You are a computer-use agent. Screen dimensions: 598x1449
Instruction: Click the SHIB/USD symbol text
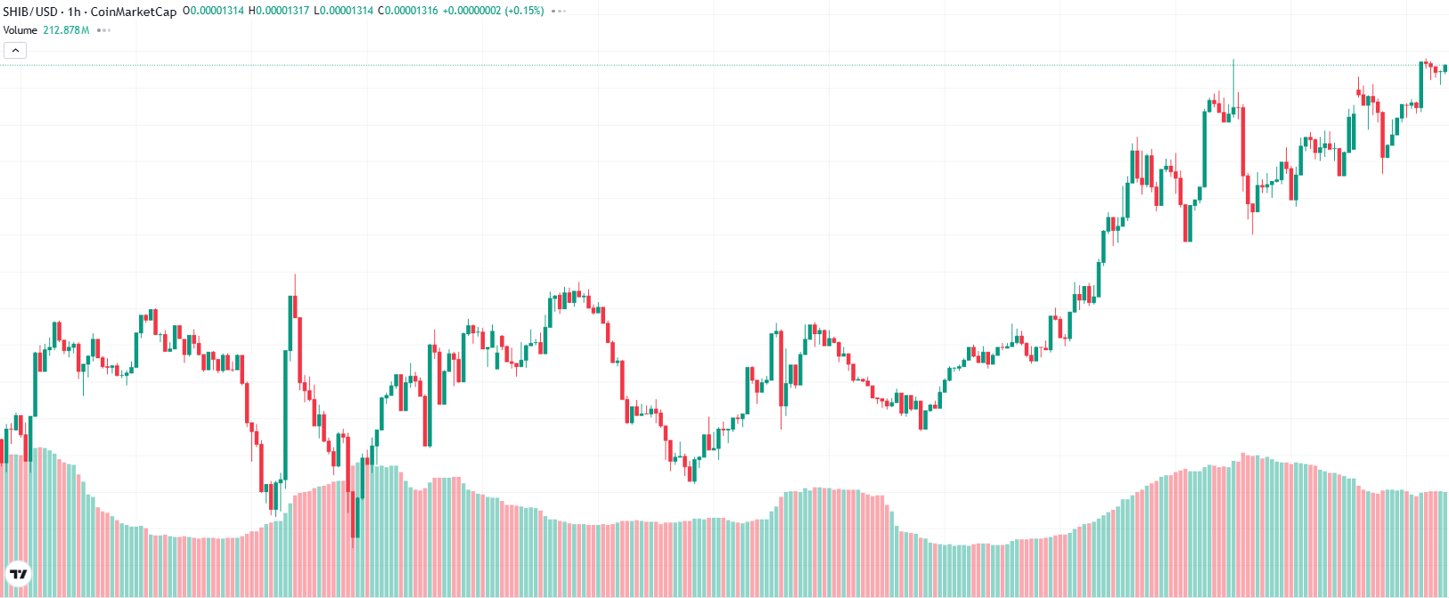[x=31, y=12]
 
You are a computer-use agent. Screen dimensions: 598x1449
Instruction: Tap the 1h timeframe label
[x=74, y=12]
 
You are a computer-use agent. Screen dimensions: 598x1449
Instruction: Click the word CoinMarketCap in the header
[x=134, y=12]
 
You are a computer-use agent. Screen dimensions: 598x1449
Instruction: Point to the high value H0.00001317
[x=278, y=12]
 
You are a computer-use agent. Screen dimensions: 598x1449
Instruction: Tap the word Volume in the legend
[x=20, y=30]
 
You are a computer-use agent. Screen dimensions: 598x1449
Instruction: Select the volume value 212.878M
[x=66, y=30]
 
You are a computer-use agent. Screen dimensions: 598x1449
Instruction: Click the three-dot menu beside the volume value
[x=103, y=30]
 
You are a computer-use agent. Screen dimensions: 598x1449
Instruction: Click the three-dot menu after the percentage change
[x=559, y=12]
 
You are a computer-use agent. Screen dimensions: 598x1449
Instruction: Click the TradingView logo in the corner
[x=18, y=574]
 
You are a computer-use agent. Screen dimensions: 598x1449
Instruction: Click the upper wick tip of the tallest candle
[x=1234, y=60]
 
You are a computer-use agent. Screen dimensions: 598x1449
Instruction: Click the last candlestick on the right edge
[x=1445, y=69]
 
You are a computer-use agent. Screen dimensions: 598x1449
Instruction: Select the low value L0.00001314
[x=343, y=12]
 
